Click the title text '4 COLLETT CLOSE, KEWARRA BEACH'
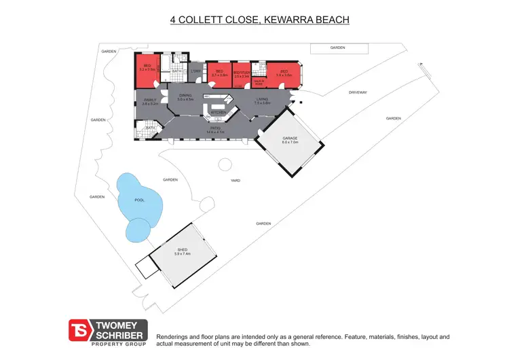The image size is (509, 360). (259, 20)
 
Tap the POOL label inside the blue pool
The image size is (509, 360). (140, 200)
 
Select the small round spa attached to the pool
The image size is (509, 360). (138, 230)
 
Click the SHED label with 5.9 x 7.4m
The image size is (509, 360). (183, 252)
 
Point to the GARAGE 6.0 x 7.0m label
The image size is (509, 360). (290, 140)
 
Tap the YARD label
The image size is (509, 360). (235, 181)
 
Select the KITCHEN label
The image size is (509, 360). (218, 112)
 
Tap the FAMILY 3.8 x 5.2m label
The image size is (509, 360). (150, 103)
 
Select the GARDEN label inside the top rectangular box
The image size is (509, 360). (337, 48)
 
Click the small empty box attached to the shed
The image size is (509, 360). (147, 268)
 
